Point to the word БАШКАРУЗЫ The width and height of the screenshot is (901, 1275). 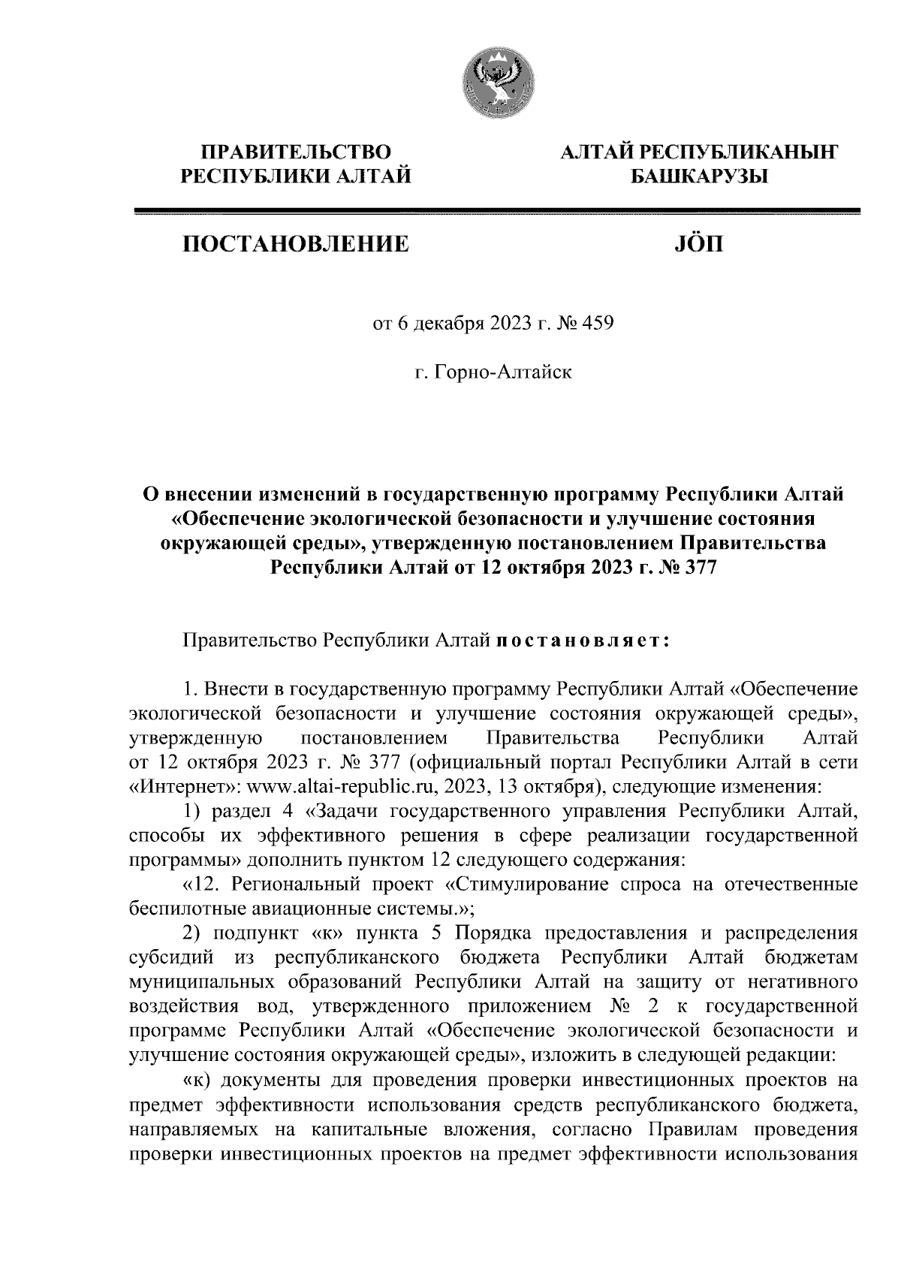click(x=695, y=176)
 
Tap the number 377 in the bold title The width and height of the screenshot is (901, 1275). click(x=701, y=568)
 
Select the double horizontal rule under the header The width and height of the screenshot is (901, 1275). click(x=496, y=212)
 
